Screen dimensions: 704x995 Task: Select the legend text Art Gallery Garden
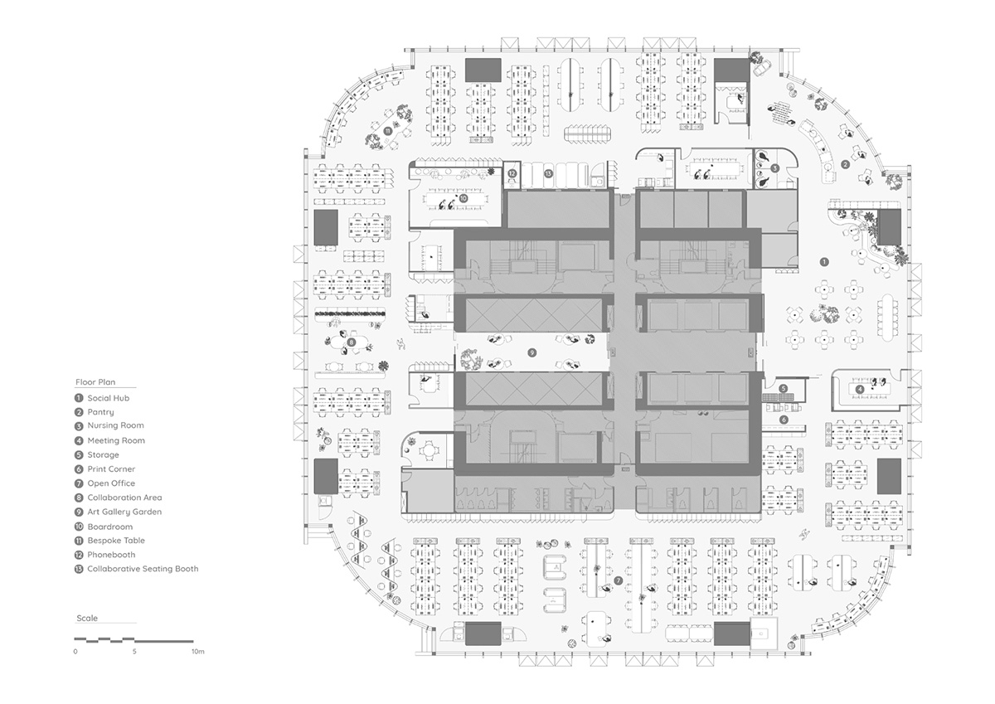pos(124,512)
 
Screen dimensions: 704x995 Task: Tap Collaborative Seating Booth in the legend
pos(143,569)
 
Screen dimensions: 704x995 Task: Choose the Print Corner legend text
pos(111,469)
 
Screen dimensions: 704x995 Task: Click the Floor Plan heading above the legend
pos(95,383)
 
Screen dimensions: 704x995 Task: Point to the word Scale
pos(87,619)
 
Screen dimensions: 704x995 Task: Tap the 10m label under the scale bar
pos(197,653)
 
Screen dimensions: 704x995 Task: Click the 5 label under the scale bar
pos(134,653)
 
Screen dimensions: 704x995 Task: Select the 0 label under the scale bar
pos(75,653)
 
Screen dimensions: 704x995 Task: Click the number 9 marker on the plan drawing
pos(533,352)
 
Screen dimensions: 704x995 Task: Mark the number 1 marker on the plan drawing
pos(824,261)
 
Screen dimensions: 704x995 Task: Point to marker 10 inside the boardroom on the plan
pos(463,199)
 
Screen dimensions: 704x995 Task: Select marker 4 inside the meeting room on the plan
pos(860,388)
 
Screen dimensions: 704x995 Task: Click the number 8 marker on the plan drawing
pos(352,342)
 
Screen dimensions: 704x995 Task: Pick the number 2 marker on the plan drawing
pos(845,164)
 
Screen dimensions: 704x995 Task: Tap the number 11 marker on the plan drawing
pos(387,130)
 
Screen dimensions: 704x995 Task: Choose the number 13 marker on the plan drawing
pos(548,173)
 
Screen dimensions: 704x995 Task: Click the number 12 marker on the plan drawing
pos(512,173)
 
